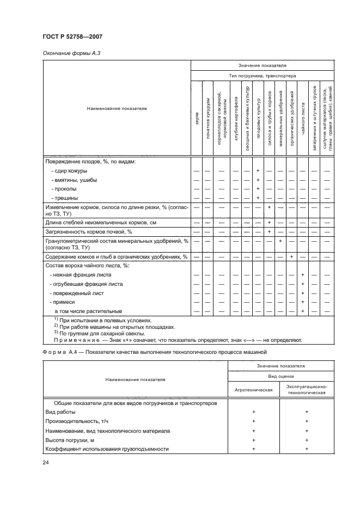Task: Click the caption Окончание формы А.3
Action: click(65, 53)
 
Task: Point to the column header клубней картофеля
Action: click(236, 119)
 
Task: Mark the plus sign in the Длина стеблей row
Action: click(269, 222)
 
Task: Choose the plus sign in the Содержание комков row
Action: click(292, 256)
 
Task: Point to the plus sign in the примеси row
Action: click(302, 302)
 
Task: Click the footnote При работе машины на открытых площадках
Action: click(100, 327)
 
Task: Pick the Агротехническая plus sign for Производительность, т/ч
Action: click(254, 421)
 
